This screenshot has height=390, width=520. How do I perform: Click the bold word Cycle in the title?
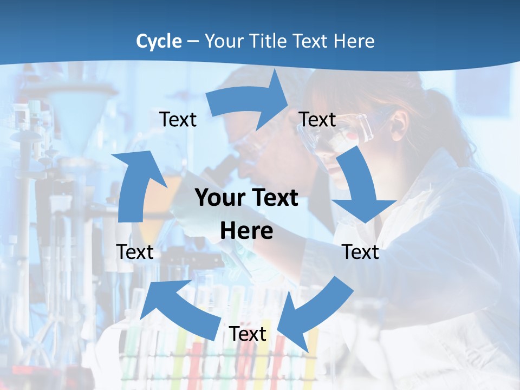pyautogui.click(x=159, y=41)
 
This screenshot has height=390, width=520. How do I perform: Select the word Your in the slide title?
pyautogui.click(x=225, y=41)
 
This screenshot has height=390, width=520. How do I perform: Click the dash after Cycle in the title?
pyautogui.click(x=193, y=42)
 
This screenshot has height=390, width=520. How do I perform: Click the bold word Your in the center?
pyautogui.click(x=219, y=198)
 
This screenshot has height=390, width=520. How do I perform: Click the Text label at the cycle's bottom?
pyautogui.click(x=247, y=334)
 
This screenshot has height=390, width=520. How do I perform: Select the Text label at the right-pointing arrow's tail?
pyautogui.click(x=178, y=119)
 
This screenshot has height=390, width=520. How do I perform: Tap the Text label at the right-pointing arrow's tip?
pyautogui.click(x=317, y=119)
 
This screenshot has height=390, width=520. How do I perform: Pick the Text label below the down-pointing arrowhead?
pyautogui.click(x=361, y=252)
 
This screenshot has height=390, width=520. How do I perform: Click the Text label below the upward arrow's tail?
pyautogui.click(x=135, y=252)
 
